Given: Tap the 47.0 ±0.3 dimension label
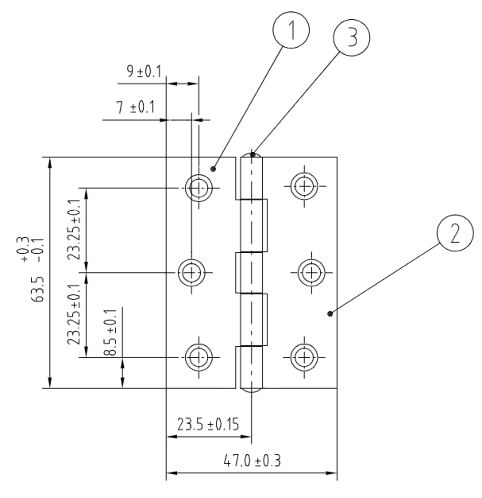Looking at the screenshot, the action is pyautogui.click(x=252, y=461).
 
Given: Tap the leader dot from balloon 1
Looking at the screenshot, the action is pyautogui.click(x=213, y=169).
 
